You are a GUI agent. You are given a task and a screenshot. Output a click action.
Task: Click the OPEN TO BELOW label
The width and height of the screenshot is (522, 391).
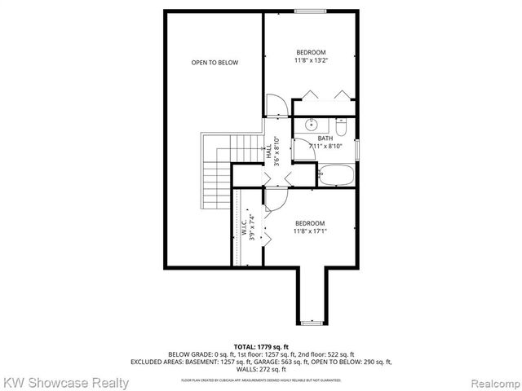(215, 63)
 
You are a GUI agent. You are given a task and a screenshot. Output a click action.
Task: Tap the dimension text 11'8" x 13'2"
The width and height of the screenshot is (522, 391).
(310, 59)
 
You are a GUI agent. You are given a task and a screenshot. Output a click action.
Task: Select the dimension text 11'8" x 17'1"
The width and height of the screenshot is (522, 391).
(310, 231)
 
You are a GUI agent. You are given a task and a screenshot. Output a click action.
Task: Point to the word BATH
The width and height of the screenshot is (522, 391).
(325, 138)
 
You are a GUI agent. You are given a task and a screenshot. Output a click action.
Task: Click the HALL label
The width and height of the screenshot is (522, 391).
(268, 151)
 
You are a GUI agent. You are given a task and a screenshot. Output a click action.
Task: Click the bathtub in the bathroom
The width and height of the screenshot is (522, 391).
(334, 174)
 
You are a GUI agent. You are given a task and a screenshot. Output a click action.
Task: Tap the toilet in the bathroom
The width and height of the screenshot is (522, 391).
(341, 126)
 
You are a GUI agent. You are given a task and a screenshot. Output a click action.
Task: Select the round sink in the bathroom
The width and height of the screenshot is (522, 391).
(311, 125)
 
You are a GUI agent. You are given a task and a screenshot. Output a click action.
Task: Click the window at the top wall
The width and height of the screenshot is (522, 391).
(307, 11)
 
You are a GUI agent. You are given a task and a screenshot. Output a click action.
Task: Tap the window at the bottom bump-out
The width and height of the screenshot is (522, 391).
(312, 323)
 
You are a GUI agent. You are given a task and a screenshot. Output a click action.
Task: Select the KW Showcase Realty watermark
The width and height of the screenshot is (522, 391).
(66, 382)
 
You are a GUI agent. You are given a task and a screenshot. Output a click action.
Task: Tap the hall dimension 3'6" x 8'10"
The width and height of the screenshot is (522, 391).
(277, 151)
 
